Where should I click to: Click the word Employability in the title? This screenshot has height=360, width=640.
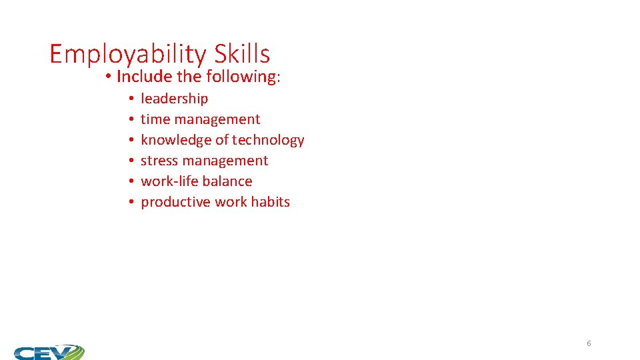[x=129, y=54]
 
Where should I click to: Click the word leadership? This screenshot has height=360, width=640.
[x=174, y=99]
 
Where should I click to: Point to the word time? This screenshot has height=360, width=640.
[x=155, y=119]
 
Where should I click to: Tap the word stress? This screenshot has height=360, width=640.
[x=159, y=161]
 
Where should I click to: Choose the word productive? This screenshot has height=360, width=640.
[x=175, y=202]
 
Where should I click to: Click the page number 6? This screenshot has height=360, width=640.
[x=589, y=343]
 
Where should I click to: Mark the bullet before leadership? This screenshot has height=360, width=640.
[x=133, y=99]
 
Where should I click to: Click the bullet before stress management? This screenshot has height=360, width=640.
[x=133, y=161]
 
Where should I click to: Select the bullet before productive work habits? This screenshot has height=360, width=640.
[x=133, y=203]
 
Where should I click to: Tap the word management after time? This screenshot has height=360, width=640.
[x=217, y=119]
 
